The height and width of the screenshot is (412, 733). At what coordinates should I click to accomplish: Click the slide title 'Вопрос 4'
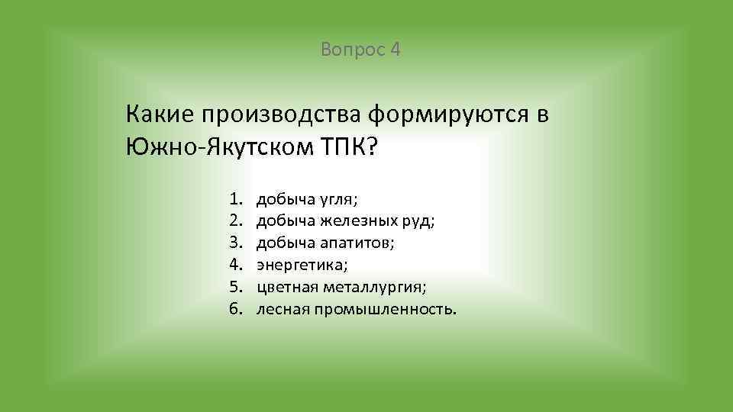coord(361,50)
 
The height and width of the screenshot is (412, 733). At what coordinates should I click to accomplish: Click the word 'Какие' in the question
coord(159,114)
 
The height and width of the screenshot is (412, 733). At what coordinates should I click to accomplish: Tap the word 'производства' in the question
coord(280,114)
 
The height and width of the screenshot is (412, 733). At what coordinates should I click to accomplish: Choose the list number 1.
coord(234,200)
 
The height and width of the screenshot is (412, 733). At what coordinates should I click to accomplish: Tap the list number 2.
coord(234,222)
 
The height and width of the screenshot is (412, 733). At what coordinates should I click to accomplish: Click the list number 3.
coord(234,244)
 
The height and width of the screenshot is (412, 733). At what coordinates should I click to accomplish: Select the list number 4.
coord(234,266)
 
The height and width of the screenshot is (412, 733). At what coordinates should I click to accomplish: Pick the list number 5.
coord(234,288)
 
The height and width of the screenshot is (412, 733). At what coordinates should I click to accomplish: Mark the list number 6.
coord(234,310)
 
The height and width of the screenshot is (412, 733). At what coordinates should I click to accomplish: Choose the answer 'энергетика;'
coord(302,266)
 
